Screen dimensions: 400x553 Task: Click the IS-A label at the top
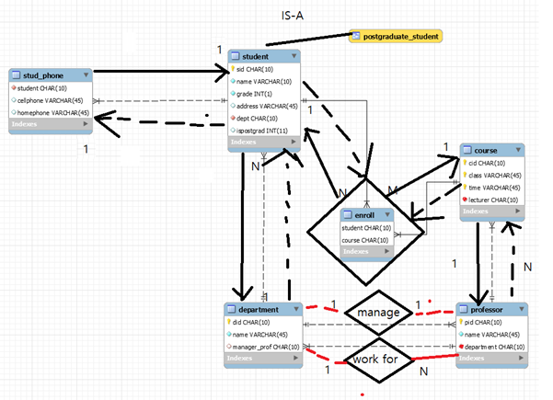292,16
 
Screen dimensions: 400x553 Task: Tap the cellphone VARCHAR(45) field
53,100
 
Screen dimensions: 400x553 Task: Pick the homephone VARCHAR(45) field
55,112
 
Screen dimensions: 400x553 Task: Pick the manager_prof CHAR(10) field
269,348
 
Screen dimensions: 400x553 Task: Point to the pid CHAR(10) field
487,324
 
